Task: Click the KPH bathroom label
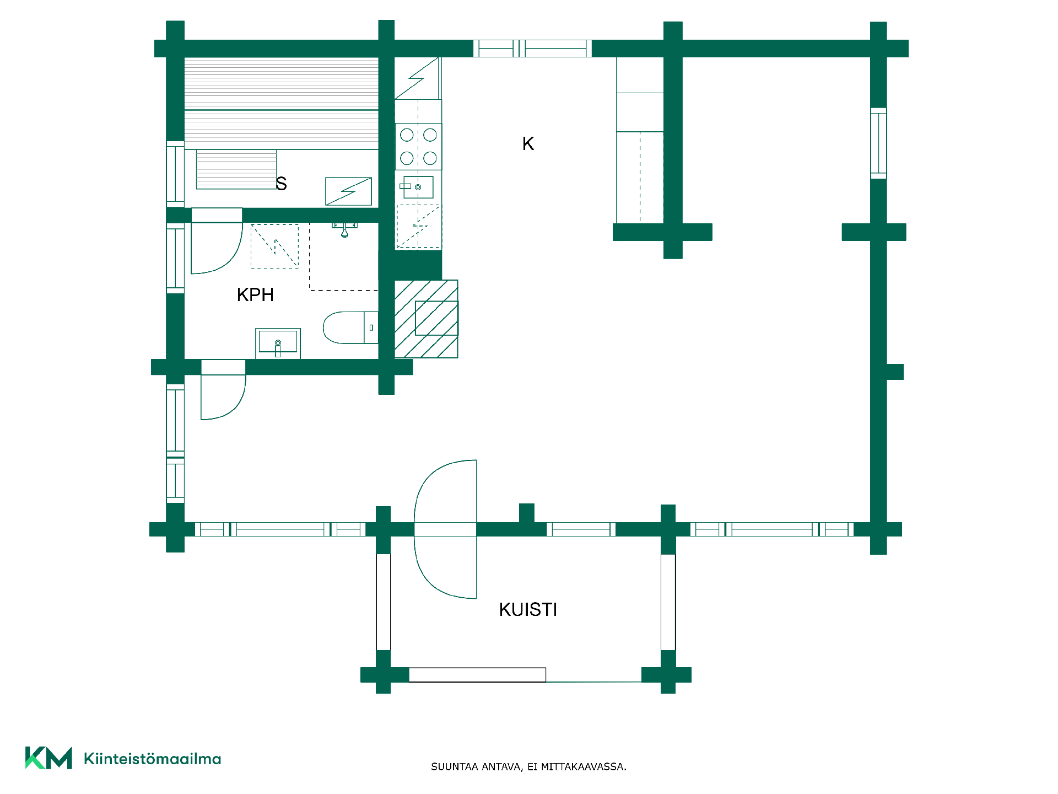(255, 295)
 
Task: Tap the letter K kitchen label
(528, 144)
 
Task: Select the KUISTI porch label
(528, 609)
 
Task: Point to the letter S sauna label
(282, 183)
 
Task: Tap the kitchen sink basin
(418, 187)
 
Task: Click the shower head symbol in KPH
(344, 229)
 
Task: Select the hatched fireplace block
(427, 319)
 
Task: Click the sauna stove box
(349, 191)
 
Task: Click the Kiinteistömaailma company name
(152, 759)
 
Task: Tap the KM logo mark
(48, 758)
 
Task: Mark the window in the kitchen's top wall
(532, 49)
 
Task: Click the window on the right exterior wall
(878, 143)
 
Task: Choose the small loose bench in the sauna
(236, 169)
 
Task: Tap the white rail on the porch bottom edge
(477, 675)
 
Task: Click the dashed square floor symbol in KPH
(274, 246)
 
